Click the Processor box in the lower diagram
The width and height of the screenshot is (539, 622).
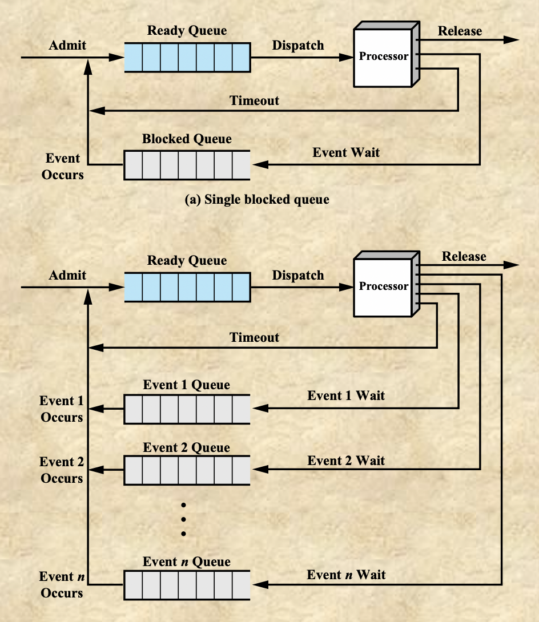[383, 287]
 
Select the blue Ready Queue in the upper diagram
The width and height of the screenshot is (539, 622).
[187, 57]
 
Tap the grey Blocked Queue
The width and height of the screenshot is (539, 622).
[187, 165]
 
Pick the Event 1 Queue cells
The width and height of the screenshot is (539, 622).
[187, 409]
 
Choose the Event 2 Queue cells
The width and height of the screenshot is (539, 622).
[187, 470]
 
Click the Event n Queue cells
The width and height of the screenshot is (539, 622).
[187, 584]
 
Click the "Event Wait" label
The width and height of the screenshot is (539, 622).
[346, 152]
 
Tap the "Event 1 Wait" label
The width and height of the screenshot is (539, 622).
[346, 395]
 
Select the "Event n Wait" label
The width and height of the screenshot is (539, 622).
[346, 575]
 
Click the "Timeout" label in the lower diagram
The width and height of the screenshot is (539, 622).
[255, 337]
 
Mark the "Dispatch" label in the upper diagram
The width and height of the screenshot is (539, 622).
[298, 45]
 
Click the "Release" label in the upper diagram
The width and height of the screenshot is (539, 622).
[460, 31]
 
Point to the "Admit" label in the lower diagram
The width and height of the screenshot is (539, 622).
[67, 275]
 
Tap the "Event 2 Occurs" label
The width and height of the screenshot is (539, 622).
[62, 470]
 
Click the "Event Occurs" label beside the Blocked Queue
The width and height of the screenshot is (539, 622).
[62, 167]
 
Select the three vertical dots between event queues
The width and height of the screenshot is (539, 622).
[184, 519]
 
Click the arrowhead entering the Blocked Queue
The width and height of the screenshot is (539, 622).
[260, 165]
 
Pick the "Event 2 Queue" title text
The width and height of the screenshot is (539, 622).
[187, 447]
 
